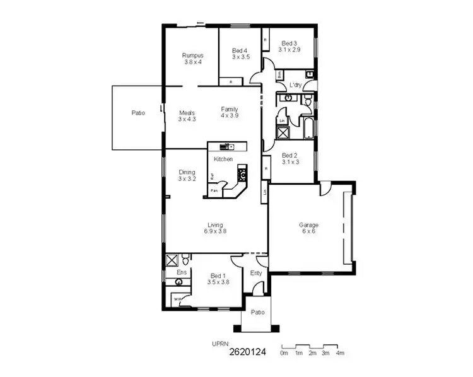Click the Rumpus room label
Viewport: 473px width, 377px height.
[x=192, y=55]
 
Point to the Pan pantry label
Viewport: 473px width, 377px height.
[x=214, y=190]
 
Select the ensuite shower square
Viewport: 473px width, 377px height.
[x=171, y=260]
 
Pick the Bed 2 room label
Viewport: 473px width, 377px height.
[x=289, y=155]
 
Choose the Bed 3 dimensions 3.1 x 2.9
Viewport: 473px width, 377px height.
[x=289, y=49]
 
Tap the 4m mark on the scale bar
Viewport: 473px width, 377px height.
[x=340, y=353]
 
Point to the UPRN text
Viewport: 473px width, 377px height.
[x=221, y=344]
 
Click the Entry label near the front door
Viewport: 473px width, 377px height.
[x=256, y=273]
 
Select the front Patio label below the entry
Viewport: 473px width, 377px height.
[x=257, y=312]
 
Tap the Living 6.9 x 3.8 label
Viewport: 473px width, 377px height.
[x=215, y=228]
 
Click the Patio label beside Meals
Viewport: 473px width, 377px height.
[x=138, y=113]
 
